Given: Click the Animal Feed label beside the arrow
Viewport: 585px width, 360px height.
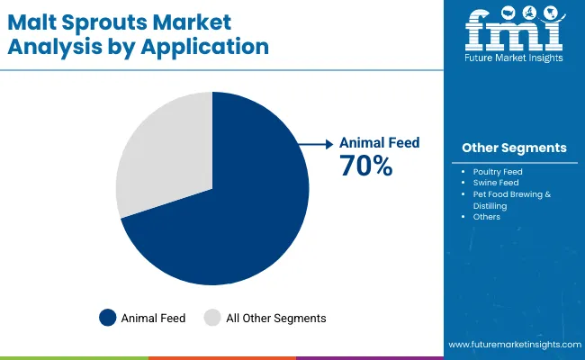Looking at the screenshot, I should tap(379, 143).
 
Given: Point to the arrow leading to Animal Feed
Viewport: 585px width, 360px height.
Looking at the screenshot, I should tap(315, 143).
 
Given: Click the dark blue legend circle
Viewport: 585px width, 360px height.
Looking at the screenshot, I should tap(108, 318).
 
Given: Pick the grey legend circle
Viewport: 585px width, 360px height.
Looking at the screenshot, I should tap(212, 318).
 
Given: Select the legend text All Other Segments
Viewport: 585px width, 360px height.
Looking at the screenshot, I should tap(275, 318).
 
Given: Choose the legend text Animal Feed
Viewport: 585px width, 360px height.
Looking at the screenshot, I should tap(153, 318).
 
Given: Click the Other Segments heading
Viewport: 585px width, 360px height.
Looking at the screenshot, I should tap(514, 148).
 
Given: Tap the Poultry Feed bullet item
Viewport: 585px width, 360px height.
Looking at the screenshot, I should tap(497, 171).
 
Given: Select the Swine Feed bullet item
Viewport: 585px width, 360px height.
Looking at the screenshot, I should tap(493, 183).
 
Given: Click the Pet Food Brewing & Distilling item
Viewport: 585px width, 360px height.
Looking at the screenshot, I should tap(510, 200).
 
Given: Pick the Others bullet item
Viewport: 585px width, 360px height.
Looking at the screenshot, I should tap(486, 217).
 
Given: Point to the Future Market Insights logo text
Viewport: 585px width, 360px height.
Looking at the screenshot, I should tap(513, 59).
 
